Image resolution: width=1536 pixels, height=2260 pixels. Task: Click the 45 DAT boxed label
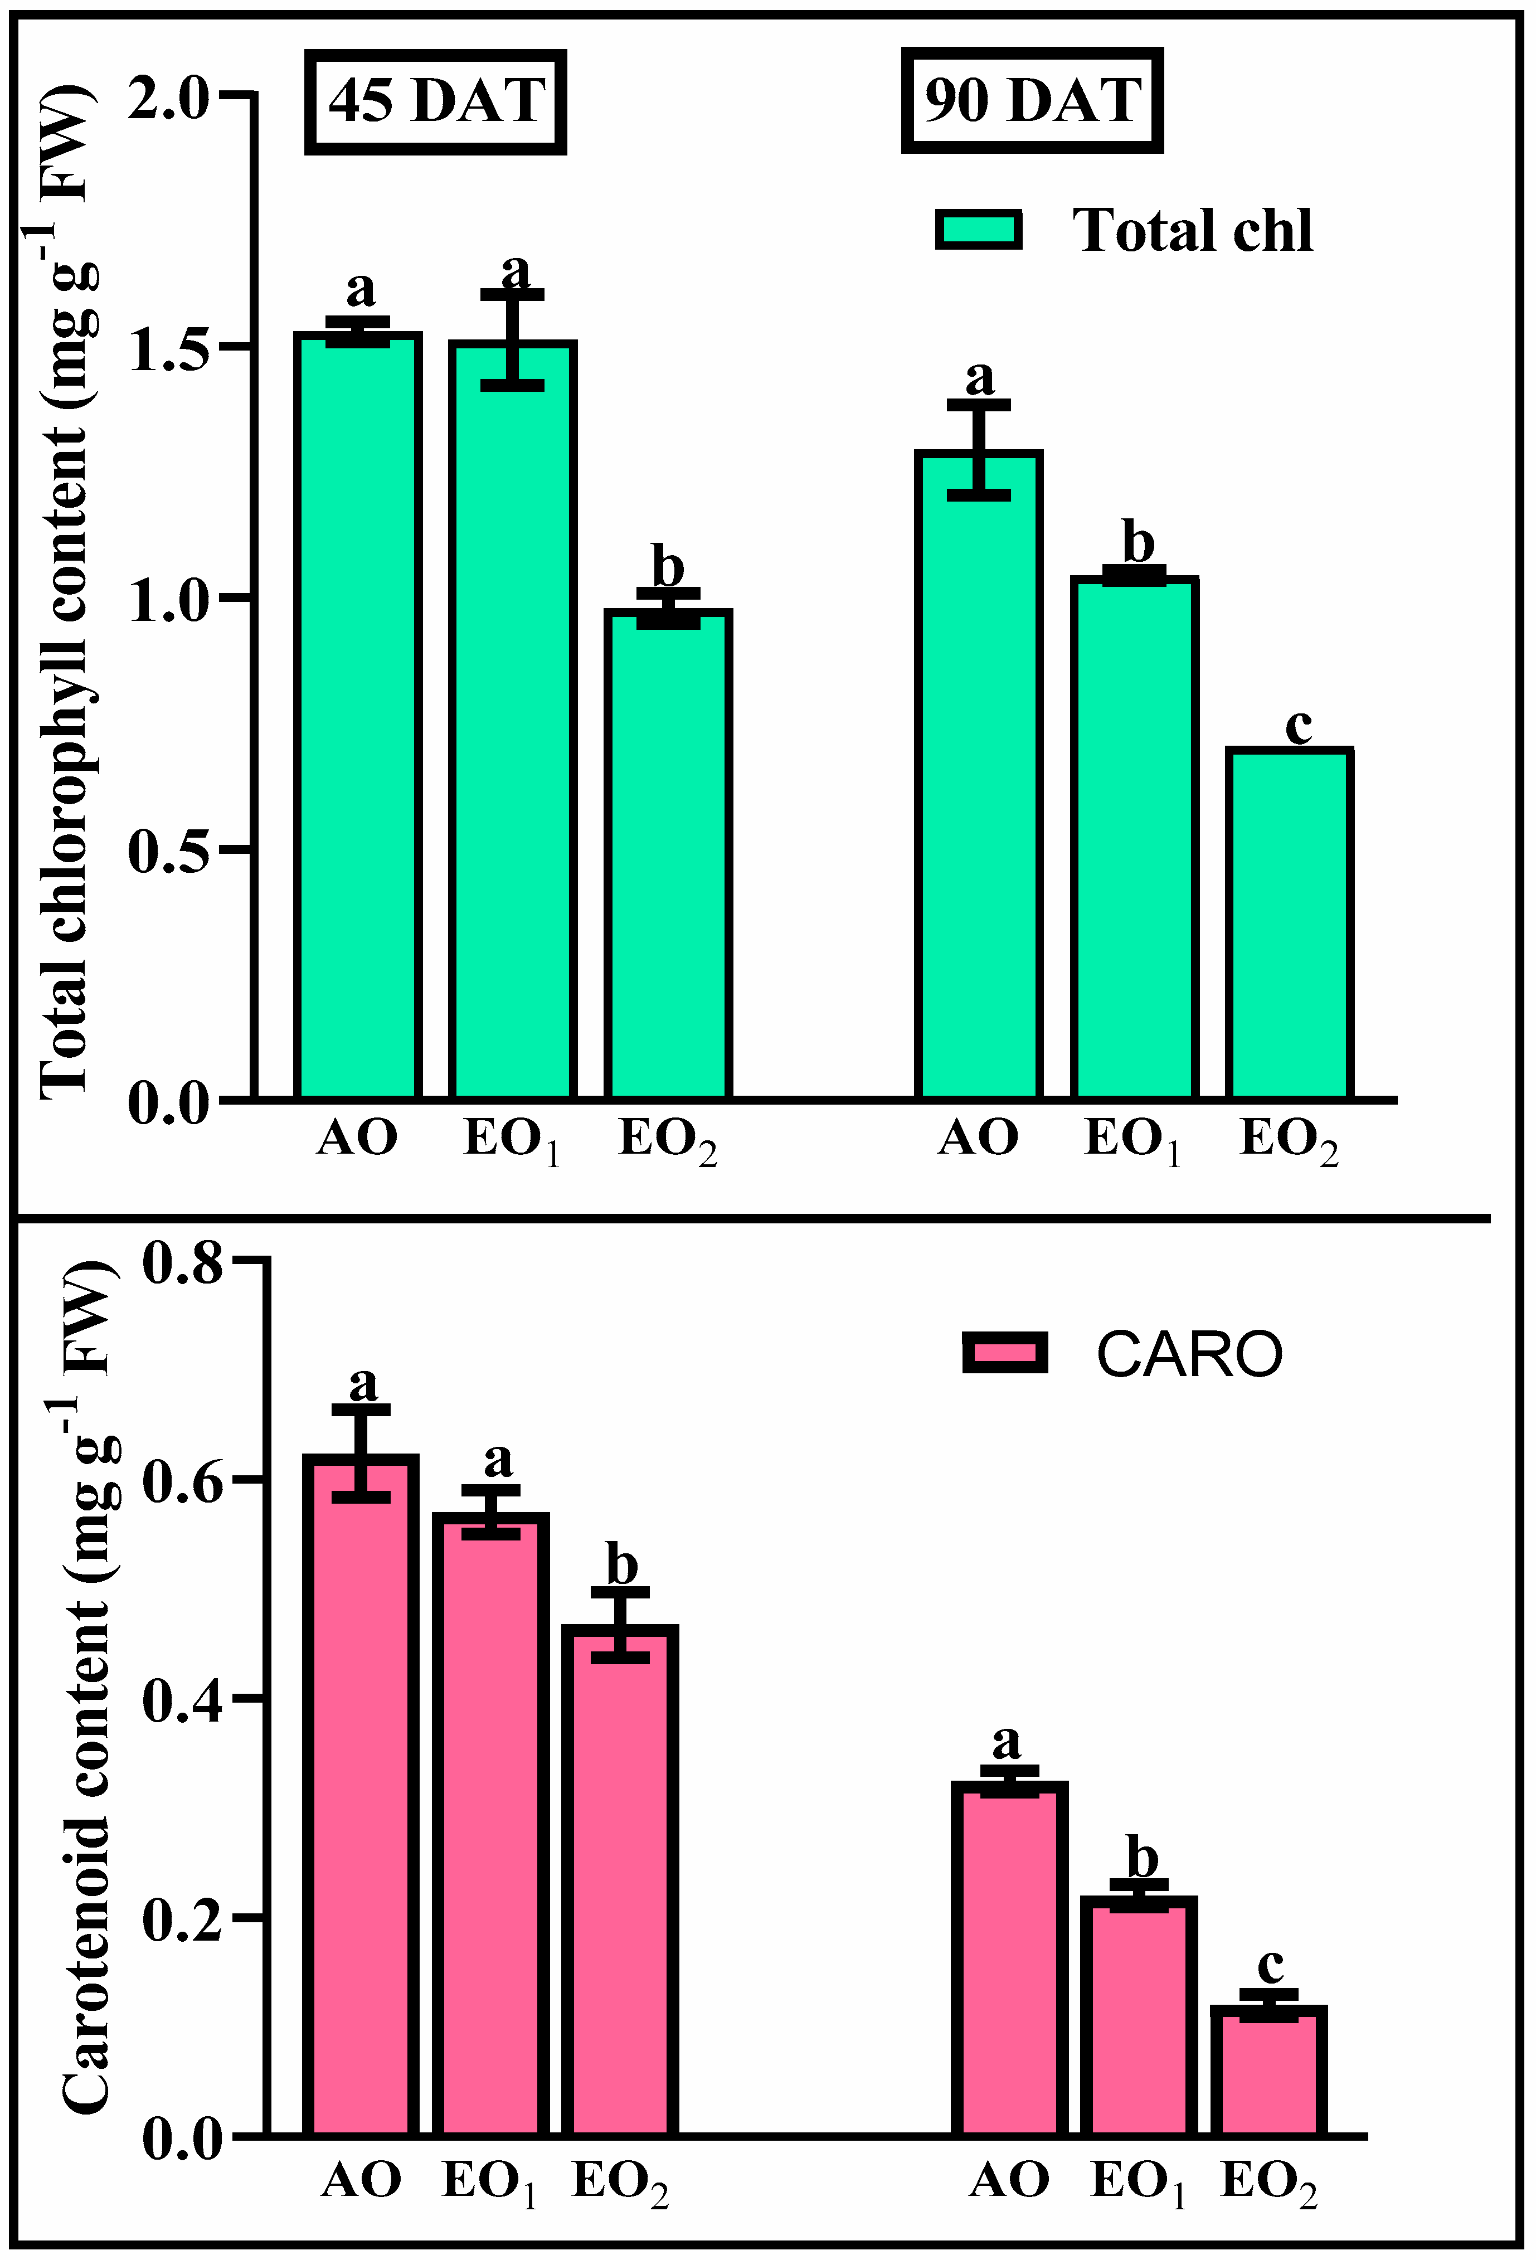[x=435, y=101]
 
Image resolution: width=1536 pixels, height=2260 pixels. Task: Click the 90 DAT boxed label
[x=1032, y=101]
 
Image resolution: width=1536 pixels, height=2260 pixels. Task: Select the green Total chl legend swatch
[x=978, y=231]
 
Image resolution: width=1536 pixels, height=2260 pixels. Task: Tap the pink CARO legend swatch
[x=1004, y=1353]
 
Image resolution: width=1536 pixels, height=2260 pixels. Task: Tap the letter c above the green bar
[x=1298, y=726]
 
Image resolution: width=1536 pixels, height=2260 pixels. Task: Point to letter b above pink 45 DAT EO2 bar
[x=621, y=1566]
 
